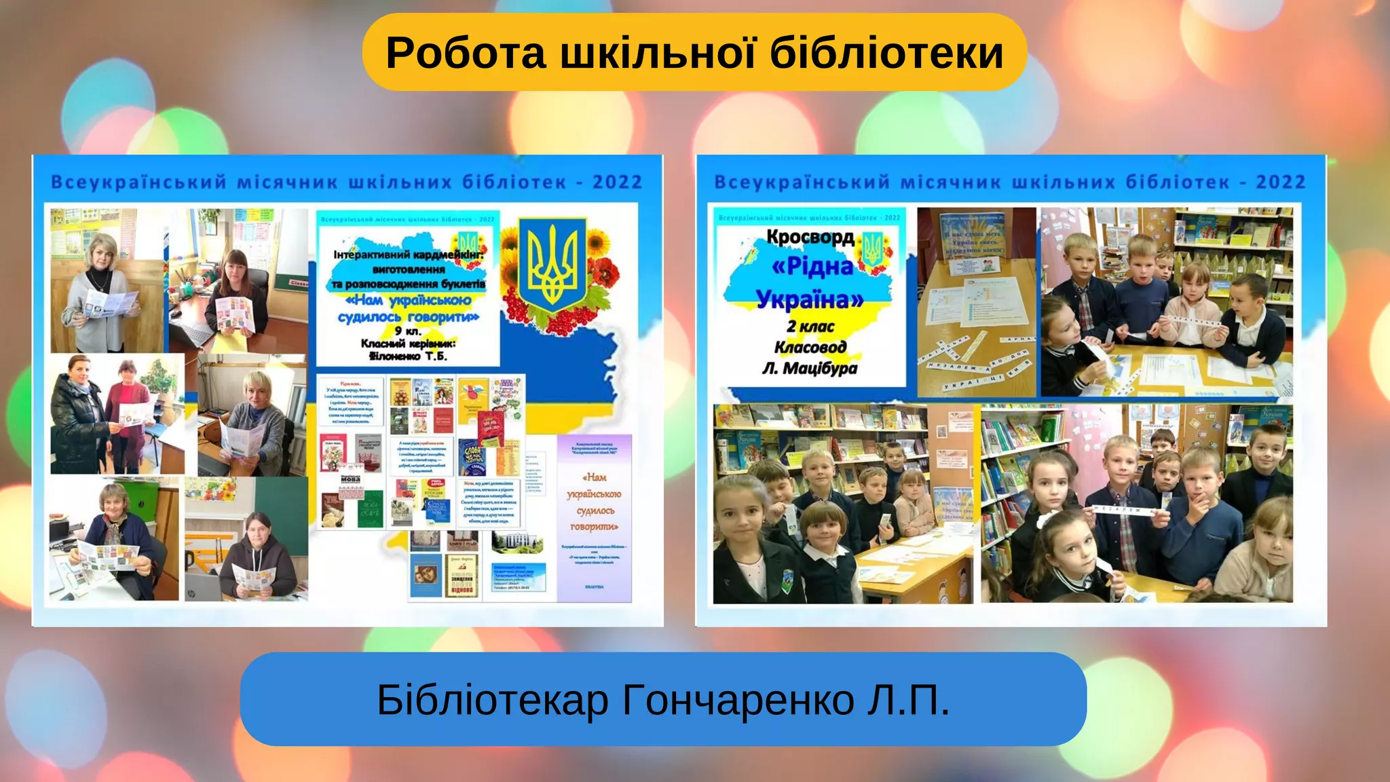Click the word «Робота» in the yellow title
(x=466, y=53)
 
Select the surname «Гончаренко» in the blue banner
(x=738, y=700)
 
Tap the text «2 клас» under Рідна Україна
(x=810, y=327)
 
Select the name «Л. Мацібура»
(x=810, y=369)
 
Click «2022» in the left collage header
(x=617, y=183)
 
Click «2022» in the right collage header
(x=1281, y=183)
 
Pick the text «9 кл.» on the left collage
(x=408, y=331)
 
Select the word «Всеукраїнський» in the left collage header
(x=139, y=183)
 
